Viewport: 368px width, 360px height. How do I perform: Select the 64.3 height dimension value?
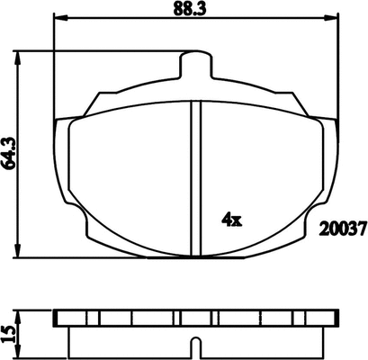(9, 153)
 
